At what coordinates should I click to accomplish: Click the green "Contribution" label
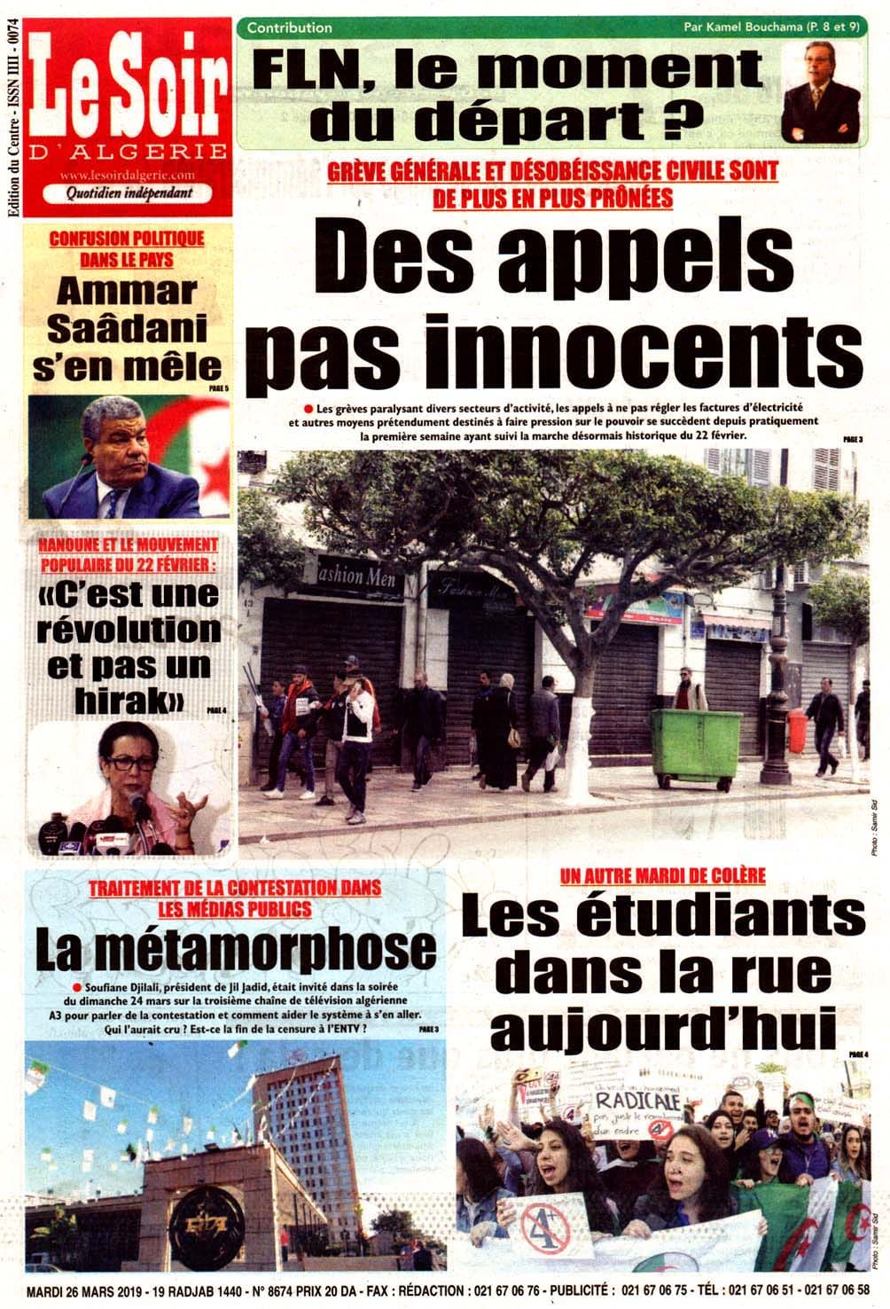pyautogui.click(x=289, y=27)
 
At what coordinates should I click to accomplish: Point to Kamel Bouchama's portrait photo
pyautogui.click(x=819, y=94)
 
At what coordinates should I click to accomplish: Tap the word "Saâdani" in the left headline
pyautogui.click(x=126, y=329)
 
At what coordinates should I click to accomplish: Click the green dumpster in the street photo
pyautogui.click(x=696, y=746)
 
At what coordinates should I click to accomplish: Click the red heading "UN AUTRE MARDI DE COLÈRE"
pyautogui.click(x=662, y=876)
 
